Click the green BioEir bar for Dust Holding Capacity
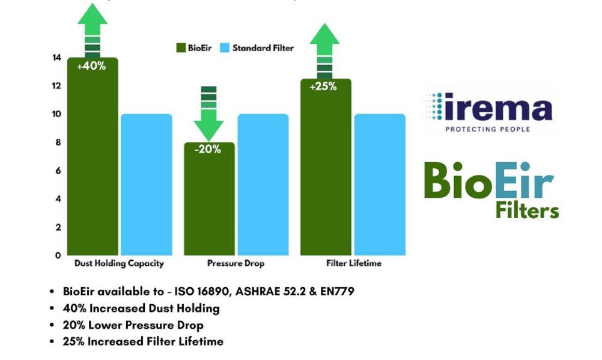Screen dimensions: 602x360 click(93, 156)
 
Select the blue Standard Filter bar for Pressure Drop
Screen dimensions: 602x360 click(263, 185)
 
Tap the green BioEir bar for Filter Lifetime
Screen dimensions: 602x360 click(326, 167)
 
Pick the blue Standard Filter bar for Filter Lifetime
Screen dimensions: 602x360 click(380, 185)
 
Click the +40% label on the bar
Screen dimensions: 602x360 click(91, 66)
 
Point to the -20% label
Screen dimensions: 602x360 click(208, 149)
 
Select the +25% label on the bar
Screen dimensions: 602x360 click(323, 87)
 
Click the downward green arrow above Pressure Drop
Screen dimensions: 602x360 click(208, 114)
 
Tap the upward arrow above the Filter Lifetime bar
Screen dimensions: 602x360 click(324, 51)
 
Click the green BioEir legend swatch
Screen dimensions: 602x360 click(181, 48)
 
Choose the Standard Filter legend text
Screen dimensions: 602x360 click(263, 48)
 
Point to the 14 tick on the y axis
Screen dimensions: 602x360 click(56, 58)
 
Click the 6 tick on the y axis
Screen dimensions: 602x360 click(58, 171)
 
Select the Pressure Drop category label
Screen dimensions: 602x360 click(236, 264)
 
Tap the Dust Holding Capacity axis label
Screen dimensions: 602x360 click(119, 264)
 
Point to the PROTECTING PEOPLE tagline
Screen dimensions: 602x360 click(488, 129)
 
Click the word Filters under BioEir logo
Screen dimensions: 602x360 click(527, 211)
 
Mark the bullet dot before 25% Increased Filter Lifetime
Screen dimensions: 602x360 click(52, 341)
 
